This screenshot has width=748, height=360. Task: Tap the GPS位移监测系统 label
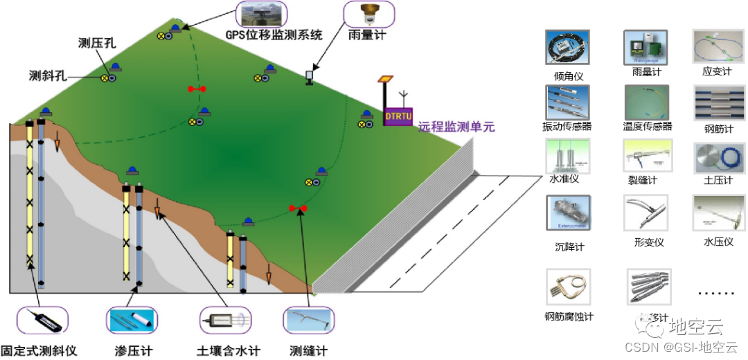pos(274,35)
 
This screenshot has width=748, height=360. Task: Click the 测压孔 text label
pos(97,43)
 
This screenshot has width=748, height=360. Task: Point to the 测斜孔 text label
pos(48,75)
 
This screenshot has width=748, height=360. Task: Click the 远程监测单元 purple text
pos(456,127)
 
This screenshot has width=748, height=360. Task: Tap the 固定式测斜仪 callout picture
pos(42,321)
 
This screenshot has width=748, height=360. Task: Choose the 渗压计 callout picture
pos(132,320)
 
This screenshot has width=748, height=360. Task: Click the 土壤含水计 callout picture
pos(226,320)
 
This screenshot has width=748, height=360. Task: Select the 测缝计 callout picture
pos(308,320)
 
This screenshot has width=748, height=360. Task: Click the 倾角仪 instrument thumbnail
pos(567,47)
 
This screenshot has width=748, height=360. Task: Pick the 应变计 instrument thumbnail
pos(715,46)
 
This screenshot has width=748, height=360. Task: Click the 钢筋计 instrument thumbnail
pos(715,102)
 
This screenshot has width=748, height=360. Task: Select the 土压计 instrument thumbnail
pos(715,157)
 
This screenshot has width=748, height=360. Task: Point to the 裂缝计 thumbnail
pos(646,156)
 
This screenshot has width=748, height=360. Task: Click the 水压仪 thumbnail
pos(715,213)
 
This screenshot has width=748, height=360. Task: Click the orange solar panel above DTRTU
pos(385,80)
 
